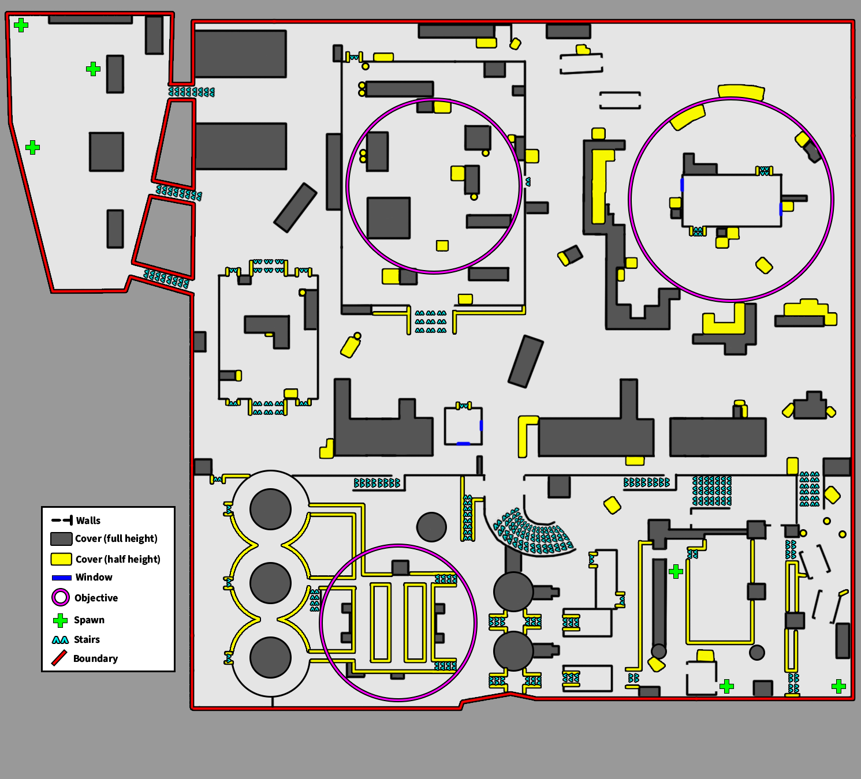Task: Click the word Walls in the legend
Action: (88, 520)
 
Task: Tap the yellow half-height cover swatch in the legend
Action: (61, 559)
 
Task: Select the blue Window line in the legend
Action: (61, 578)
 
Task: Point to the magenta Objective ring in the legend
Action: (61, 597)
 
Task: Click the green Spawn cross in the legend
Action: (61, 620)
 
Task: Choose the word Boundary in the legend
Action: (95, 658)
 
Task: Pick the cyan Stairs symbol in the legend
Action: (61, 639)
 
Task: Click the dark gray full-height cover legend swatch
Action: (61, 538)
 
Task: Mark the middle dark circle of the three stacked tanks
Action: (270, 583)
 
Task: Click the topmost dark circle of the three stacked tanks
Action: (270, 509)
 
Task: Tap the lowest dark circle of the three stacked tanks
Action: (270, 657)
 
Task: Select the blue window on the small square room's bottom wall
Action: (463, 443)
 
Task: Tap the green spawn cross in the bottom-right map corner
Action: (838, 686)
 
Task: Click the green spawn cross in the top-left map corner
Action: (21, 25)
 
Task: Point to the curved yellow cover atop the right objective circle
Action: (741, 91)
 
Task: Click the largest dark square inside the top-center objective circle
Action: (389, 218)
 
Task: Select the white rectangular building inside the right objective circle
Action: (732, 200)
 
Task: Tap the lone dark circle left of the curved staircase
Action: (431, 527)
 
